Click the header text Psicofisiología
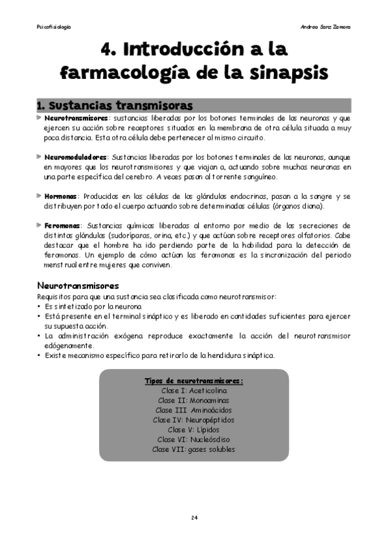pos(54,27)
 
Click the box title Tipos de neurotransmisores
pos(194,381)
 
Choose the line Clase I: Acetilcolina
pos(194,391)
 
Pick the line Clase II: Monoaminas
pos(194,401)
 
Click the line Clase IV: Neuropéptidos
pos(194,420)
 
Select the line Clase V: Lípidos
pos(194,429)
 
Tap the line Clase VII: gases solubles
pos(194,449)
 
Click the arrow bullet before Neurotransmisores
pos(40,118)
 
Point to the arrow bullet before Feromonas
pos(40,225)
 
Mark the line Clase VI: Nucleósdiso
pos(194,439)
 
